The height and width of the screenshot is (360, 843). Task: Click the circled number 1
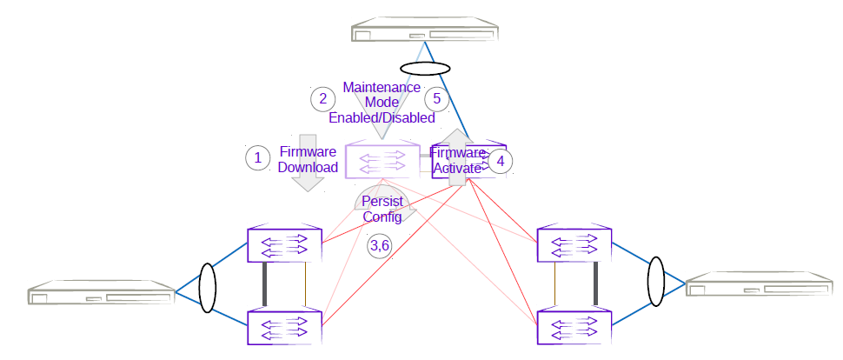[257, 157]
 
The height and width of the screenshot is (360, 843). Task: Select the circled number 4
[500, 161]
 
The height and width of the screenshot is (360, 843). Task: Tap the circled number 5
[437, 98]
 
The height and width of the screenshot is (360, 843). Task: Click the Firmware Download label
[308, 159]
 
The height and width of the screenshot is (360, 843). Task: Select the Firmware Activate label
[457, 161]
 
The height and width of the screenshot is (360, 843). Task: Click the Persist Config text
[382, 210]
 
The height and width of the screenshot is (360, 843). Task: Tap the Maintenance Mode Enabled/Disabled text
[382, 102]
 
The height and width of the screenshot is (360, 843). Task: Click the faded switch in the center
[383, 160]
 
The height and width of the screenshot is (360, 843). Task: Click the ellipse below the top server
[424, 69]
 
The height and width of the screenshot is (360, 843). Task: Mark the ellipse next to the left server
[207, 288]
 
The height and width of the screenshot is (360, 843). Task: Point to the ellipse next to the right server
[657, 281]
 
